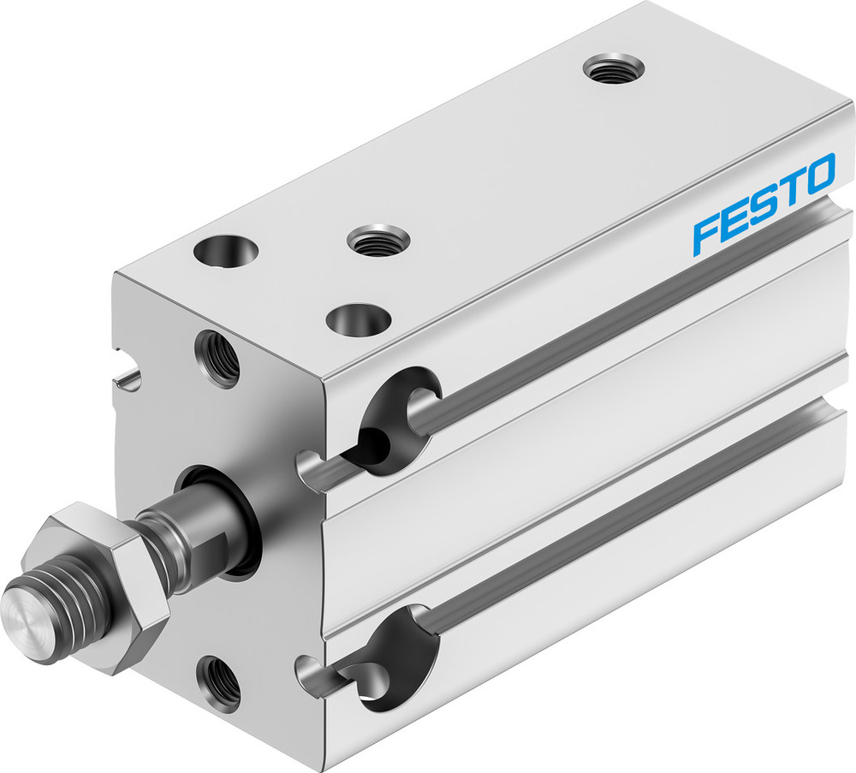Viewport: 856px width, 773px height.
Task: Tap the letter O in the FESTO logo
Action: pos(817,174)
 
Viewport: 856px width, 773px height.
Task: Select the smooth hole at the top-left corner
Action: pos(226,251)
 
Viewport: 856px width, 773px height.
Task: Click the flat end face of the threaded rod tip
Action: pos(26,607)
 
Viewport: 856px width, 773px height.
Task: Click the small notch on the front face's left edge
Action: pos(127,375)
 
